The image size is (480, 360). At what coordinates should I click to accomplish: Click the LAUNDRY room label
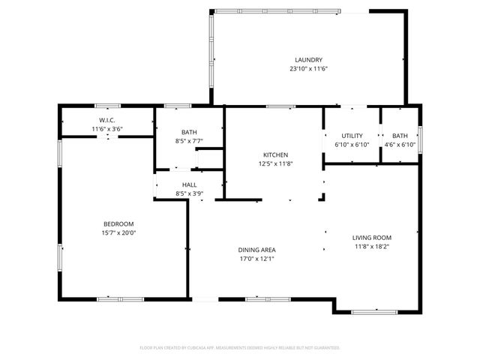point(308,60)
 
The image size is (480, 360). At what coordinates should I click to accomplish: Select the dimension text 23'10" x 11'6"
point(308,69)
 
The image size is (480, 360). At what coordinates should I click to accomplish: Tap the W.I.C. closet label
point(106,121)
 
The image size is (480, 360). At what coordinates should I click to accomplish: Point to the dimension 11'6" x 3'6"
point(106,129)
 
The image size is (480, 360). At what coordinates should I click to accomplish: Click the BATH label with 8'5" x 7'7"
point(168,132)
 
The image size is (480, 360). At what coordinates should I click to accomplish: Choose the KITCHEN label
point(275,154)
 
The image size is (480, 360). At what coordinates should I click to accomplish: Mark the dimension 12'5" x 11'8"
point(275,163)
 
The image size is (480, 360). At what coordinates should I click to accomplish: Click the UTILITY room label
point(352,136)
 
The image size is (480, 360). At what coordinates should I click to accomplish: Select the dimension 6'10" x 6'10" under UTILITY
point(352,144)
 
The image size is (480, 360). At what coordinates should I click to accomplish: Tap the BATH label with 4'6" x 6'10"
point(399,136)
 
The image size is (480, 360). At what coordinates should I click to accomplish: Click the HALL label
point(189,184)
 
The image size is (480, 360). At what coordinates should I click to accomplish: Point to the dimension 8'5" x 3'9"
point(189,193)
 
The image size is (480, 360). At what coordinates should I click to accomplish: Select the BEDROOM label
point(118,223)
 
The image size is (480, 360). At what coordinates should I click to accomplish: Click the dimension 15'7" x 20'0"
point(118,232)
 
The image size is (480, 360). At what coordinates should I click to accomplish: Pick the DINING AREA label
point(256,250)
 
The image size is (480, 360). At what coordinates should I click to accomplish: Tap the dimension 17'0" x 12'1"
point(256,259)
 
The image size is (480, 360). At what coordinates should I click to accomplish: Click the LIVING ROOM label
point(372,237)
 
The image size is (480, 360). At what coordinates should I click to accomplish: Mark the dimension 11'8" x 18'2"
point(372,246)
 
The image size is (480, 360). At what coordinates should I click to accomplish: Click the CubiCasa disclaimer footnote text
point(240,348)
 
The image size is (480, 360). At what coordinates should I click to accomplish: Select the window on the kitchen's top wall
point(280,106)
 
